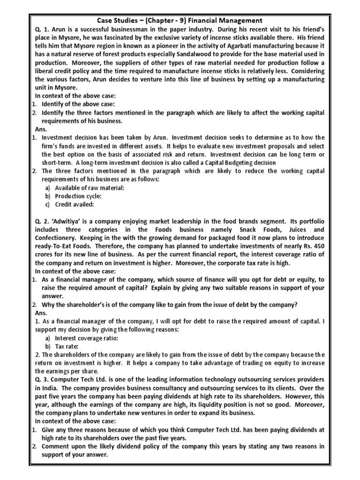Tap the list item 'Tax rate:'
pos(67,346)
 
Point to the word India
pos(48,388)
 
